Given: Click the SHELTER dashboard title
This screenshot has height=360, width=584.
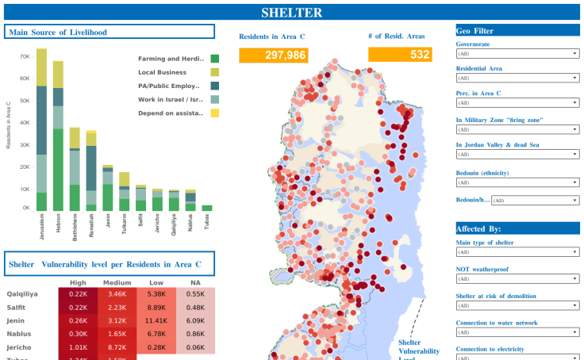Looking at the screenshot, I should [x=291, y=13].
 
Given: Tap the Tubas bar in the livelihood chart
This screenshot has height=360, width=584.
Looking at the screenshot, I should [x=207, y=208].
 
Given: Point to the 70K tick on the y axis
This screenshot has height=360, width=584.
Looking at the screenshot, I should [x=25, y=57].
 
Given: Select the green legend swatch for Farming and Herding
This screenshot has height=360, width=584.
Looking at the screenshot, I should [x=214, y=59].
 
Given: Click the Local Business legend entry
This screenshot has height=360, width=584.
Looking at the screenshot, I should [x=161, y=72].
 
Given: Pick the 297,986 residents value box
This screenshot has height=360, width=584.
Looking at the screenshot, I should [x=273, y=55].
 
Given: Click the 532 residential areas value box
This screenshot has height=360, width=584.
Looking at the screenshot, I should [x=399, y=55].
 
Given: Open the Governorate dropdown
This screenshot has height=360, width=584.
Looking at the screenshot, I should [x=517, y=54].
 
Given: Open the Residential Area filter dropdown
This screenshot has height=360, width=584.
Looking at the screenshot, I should [x=517, y=79].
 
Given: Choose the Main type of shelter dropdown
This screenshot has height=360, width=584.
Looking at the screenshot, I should [x=517, y=252].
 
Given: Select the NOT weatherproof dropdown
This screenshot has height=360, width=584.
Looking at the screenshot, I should [x=517, y=279].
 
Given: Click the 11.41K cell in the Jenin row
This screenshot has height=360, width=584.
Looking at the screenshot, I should [x=156, y=320].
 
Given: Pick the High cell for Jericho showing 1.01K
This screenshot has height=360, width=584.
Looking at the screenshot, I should [x=78, y=347].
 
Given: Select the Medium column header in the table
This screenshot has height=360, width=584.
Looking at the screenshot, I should [x=117, y=283].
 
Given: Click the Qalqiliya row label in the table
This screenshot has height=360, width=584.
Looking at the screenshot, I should [x=21, y=293].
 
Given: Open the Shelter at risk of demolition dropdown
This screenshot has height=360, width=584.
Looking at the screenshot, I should [x=517, y=306].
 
